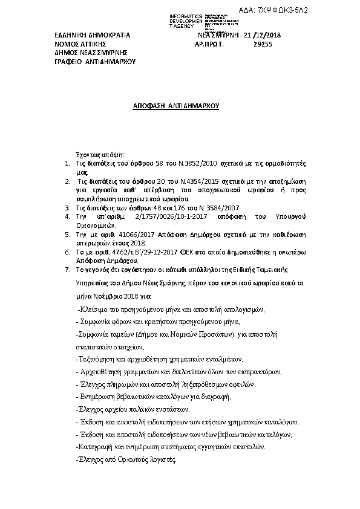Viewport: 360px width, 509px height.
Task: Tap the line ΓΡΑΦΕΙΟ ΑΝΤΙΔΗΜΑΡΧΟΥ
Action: click(x=95, y=62)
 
